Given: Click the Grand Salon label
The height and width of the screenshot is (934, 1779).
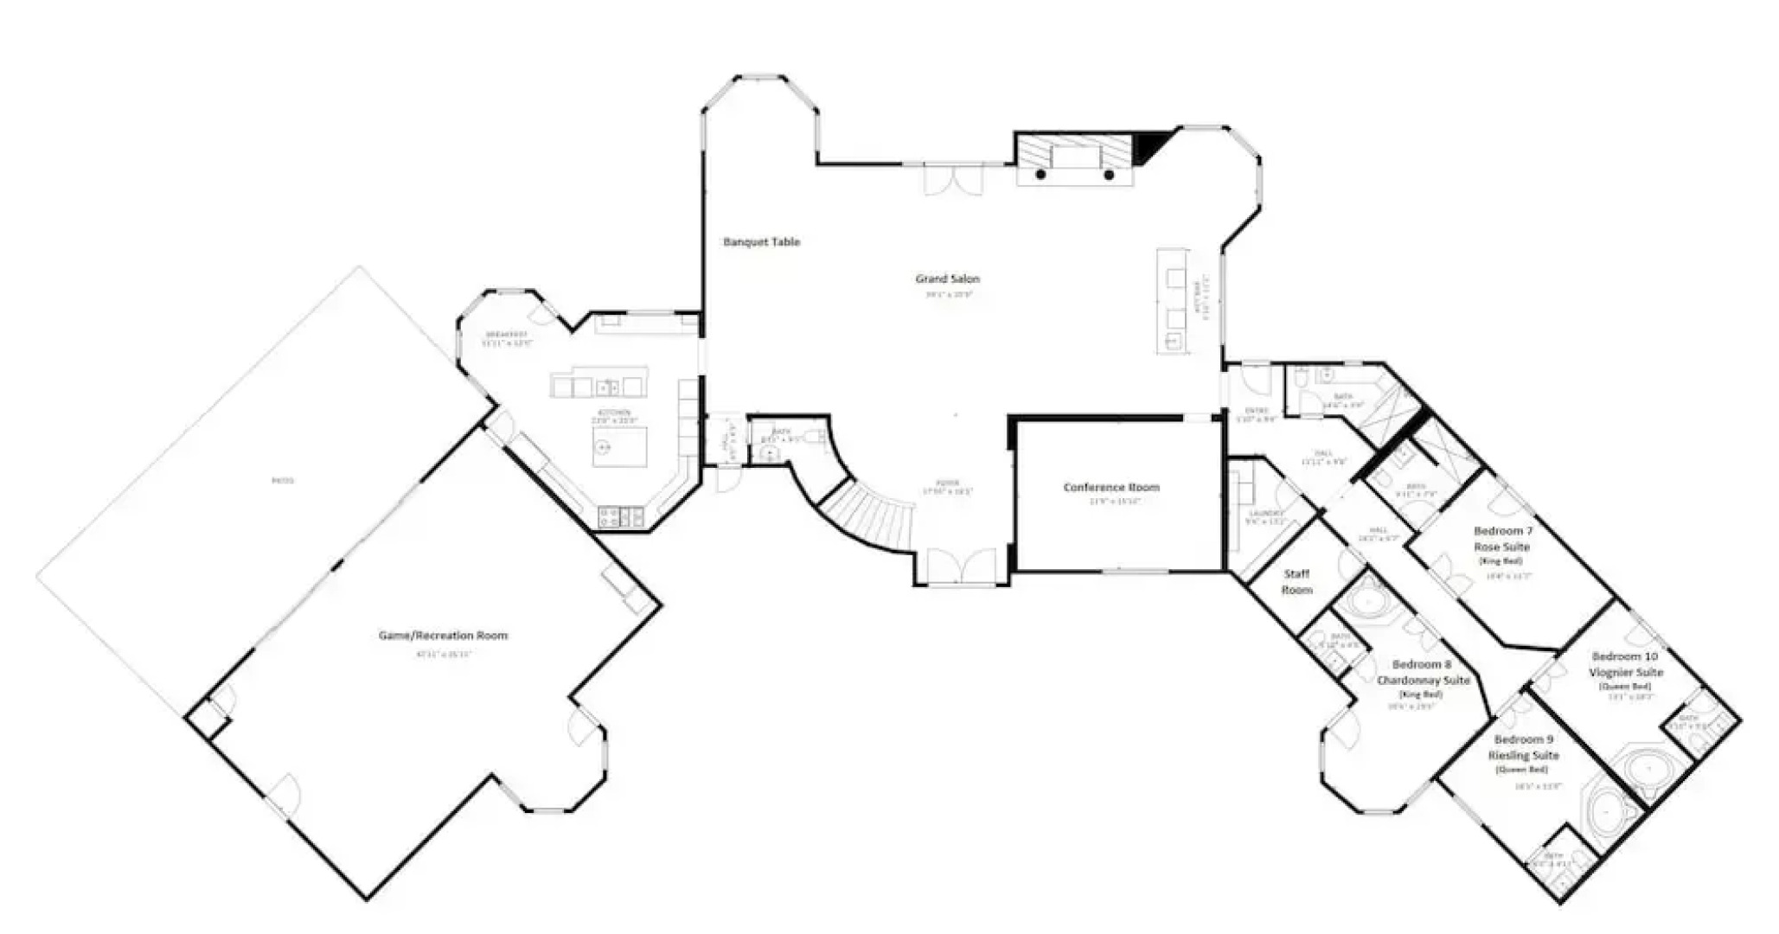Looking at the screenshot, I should coord(947,278).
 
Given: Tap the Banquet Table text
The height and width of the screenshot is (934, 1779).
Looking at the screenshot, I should coord(761,242).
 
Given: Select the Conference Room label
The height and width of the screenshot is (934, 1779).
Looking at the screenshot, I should coord(1111,487).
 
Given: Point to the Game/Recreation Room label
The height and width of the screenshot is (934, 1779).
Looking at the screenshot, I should coord(443,636).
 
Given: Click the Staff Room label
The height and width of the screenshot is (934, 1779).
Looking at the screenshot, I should coord(1296,581).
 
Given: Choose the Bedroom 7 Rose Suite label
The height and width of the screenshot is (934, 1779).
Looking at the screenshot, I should coord(1502,539).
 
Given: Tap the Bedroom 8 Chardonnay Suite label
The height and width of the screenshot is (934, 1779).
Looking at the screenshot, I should coord(1423,673).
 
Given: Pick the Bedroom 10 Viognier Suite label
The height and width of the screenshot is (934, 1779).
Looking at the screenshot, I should coord(1625,664).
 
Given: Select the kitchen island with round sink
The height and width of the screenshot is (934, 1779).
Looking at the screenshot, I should coord(620,446).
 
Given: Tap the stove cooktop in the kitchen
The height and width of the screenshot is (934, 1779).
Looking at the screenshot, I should coord(620,517).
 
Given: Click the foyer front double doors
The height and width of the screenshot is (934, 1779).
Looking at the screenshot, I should coord(961,567).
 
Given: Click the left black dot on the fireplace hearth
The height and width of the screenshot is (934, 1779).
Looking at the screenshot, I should coord(1040,175).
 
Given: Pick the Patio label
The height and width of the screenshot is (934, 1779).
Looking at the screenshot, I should coord(283,480).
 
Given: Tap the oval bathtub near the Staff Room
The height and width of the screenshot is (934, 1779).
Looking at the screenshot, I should coord(1367,603).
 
